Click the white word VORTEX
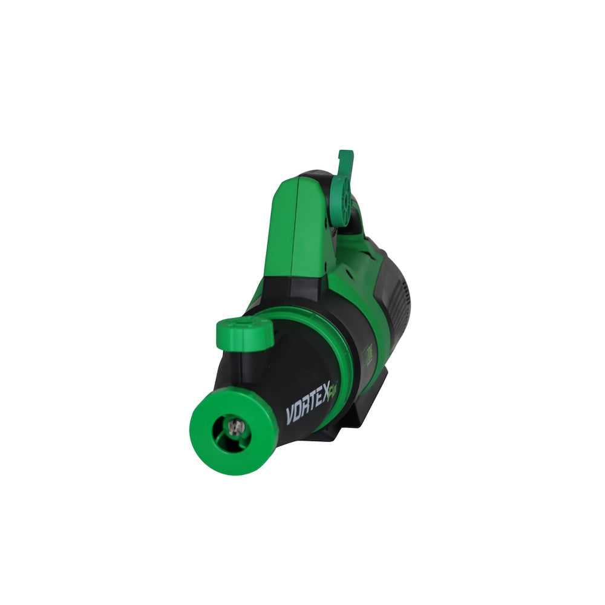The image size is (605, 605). click(x=309, y=411)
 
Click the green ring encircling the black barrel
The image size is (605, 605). click(x=339, y=339)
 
